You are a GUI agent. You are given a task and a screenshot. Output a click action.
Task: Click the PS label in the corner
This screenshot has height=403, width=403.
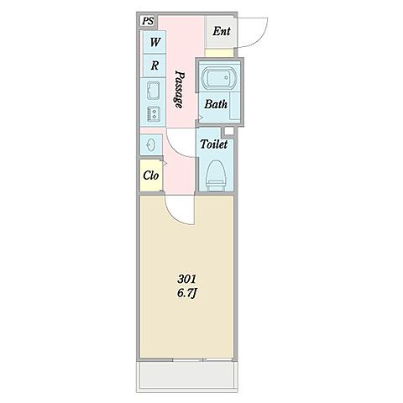point(148,21)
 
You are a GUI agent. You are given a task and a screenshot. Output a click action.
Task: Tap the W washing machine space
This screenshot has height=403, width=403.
point(154,42)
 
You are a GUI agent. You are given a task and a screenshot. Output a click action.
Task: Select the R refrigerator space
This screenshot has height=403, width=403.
point(154,65)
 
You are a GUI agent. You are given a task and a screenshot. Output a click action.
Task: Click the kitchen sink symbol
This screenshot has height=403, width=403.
point(153,91)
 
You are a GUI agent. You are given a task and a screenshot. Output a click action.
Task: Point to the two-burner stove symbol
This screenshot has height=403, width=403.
point(154,114)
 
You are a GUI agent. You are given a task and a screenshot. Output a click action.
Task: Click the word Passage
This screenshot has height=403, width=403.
point(180,89)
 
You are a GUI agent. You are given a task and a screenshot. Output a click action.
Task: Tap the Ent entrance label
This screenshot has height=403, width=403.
point(222,31)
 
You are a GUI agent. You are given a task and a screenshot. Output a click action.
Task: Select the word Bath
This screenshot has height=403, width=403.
point(216,104)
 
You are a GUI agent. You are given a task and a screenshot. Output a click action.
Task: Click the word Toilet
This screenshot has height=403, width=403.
point(214,144)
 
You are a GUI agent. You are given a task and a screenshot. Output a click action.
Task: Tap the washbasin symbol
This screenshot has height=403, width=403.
point(150,144)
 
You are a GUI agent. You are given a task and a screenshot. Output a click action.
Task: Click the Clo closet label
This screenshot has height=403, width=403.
point(151,175)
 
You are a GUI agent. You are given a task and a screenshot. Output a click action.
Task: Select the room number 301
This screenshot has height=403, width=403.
point(187,279)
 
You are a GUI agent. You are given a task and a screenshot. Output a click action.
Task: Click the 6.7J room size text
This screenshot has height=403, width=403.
point(187,293)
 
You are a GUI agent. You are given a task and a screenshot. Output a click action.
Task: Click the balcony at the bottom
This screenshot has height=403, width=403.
point(187,375)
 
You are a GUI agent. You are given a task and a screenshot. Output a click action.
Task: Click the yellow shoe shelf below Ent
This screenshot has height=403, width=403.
point(219,53)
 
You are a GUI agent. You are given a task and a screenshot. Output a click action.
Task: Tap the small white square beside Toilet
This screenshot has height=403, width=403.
point(229,131)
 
